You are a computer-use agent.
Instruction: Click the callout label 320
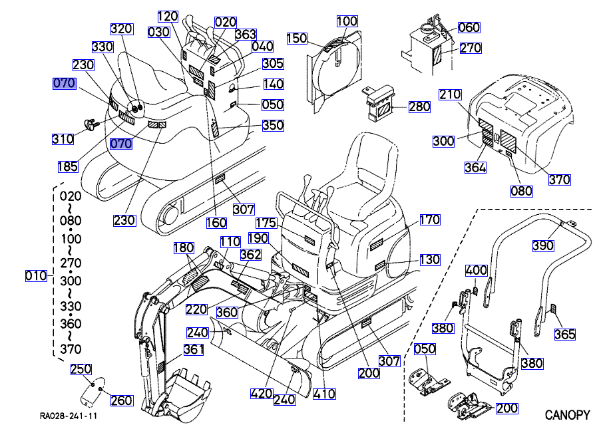click(121, 29)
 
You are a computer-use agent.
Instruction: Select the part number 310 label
click(63, 139)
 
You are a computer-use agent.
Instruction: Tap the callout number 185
click(67, 167)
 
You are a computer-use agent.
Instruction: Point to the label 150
click(297, 39)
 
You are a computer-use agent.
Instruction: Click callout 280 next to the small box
click(419, 107)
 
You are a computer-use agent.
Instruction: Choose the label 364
click(475, 168)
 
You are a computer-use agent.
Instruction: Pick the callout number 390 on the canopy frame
click(543, 246)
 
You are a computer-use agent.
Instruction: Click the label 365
click(565, 335)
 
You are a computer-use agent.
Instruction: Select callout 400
click(476, 271)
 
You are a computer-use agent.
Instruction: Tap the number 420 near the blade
click(262, 394)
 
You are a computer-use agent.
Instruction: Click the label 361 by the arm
click(194, 350)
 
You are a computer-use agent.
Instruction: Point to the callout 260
click(122, 400)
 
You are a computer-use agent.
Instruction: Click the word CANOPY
click(567, 416)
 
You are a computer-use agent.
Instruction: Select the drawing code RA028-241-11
click(69, 416)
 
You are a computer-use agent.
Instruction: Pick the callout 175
click(266, 222)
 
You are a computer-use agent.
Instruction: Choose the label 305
click(273, 64)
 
